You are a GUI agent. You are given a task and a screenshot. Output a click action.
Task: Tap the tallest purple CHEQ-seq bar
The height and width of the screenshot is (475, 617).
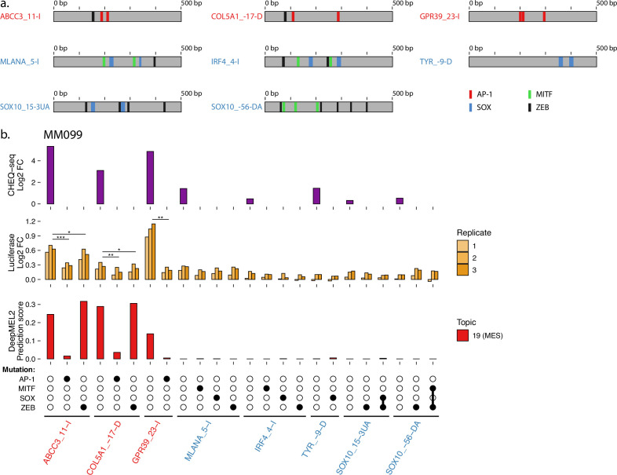coord(50,174)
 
